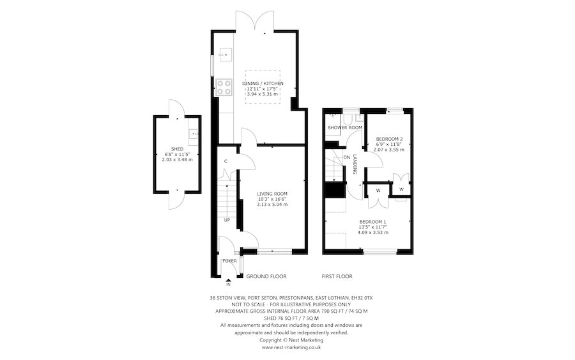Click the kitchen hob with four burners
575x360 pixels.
point(224,86)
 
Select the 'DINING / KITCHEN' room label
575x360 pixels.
point(263,83)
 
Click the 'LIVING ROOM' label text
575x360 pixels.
point(272,193)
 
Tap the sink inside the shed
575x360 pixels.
point(194,134)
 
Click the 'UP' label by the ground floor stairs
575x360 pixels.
point(227,220)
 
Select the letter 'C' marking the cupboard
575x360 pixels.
point(226,160)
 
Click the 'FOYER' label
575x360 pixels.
point(229,262)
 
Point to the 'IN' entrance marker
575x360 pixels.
point(228,284)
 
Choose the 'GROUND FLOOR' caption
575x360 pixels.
point(266,276)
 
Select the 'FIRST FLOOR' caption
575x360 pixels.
point(337,276)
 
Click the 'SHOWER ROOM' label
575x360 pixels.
point(344,128)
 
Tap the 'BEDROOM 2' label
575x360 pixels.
point(389,139)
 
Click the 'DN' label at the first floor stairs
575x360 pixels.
point(347,157)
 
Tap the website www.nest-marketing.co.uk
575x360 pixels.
point(291,347)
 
